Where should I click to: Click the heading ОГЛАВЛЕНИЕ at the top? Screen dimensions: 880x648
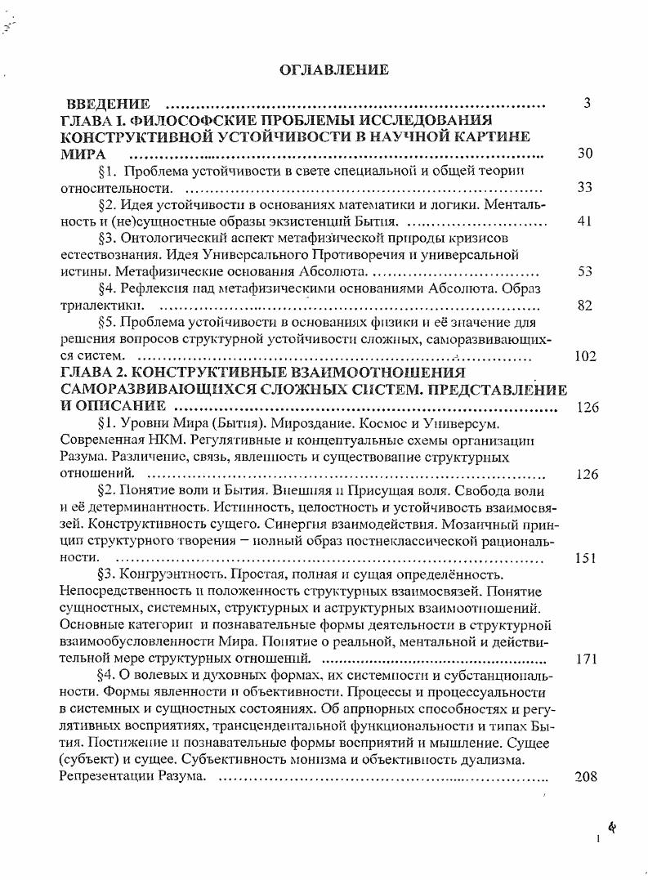[x=333, y=69]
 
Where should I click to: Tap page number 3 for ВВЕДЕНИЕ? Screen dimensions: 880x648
[x=586, y=103]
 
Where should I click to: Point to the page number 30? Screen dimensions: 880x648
[x=584, y=154]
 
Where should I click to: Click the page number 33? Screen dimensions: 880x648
[x=584, y=187]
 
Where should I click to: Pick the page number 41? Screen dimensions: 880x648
[x=584, y=221]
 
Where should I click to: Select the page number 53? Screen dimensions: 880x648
[x=584, y=271]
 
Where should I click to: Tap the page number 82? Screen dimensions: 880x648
[x=584, y=306]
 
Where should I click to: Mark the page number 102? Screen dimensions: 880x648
[x=586, y=356]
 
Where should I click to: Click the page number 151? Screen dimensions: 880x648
[x=586, y=558]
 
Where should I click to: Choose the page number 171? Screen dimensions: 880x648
[x=586, y=659]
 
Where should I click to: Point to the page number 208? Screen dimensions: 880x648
[x=586, y=776]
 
